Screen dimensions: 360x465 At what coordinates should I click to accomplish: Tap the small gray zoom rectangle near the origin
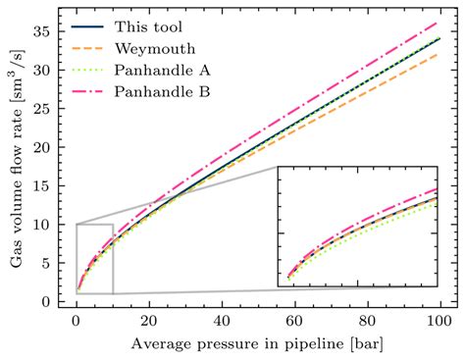94,259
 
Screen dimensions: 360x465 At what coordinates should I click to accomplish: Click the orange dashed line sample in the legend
96,48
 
